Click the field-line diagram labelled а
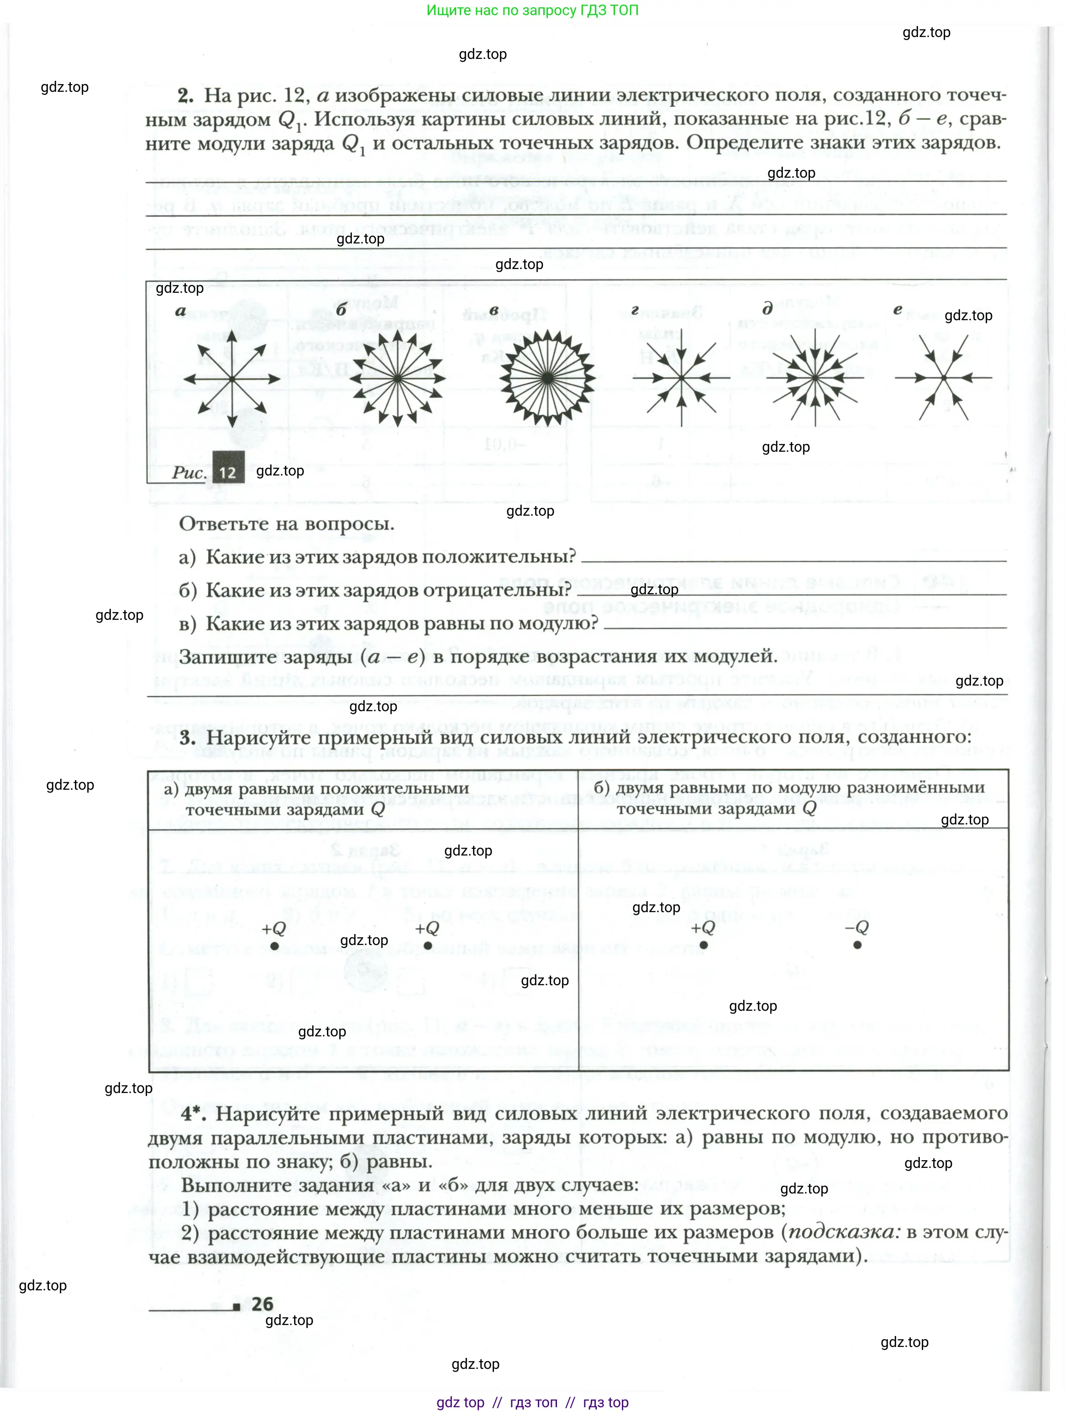(x=231, y=379)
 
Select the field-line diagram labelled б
(x=397, y=378)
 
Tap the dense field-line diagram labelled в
(x=548, y=378)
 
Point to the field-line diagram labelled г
(x=682, y=378)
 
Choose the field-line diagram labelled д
(x=815, y=378)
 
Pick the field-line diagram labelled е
(x=944, y=378)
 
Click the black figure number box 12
(x=228, y=472)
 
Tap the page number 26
(x=262, y=1304)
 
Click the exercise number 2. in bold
(x=185, y=96)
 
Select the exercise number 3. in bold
(x=187, y=738)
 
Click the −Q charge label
(x=857, y=927)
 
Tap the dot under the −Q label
(x=857, y=945)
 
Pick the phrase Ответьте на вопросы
(x=287, y=524)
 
